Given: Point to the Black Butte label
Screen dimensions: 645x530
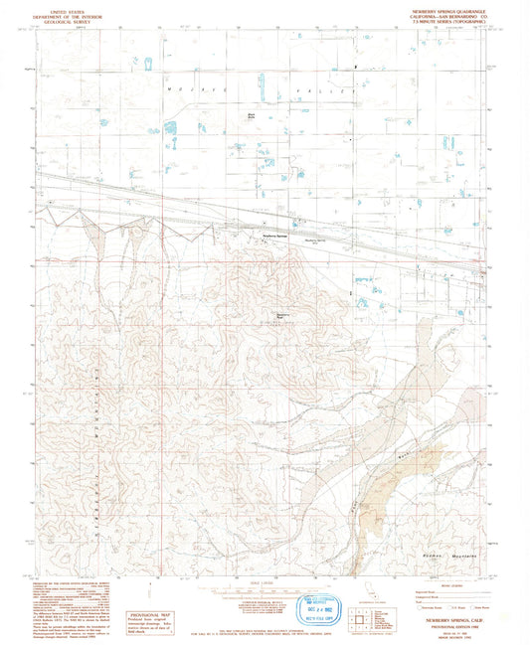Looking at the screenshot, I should tap(252, 116).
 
